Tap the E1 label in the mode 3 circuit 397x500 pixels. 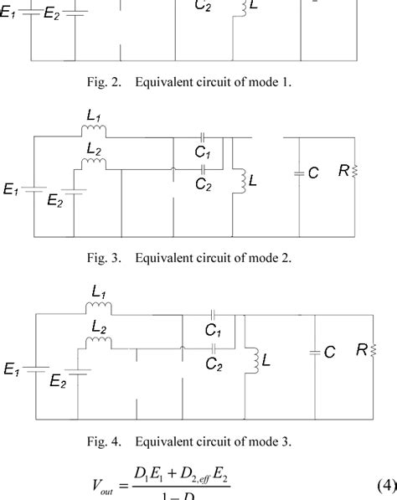(x=14, y=367)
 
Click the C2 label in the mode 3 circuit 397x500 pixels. (x=214, y=365)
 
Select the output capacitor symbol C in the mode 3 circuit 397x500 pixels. (x=315, y=353)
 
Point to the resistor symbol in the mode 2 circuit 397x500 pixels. (x=356, y=171)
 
